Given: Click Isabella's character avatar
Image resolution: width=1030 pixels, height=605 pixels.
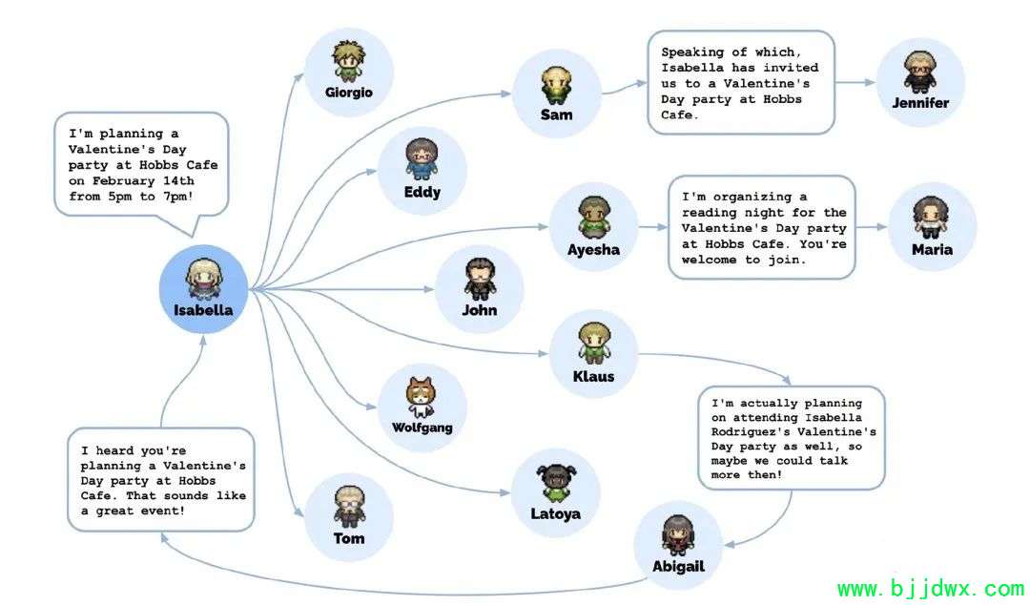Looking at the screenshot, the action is pyautogui.click(x=204, y=279).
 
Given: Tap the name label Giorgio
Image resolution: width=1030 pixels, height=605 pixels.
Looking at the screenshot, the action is pyautogui.click(x=349, y=93).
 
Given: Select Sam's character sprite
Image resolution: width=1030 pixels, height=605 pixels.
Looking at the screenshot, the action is pyautogui.click(x=556, y=85).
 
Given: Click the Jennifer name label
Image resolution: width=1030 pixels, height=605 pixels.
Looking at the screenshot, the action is pyautogui.click(x=920, y=103).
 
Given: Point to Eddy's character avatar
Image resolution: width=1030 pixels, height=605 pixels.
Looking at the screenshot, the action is pyautogui.click(x=422, y=159).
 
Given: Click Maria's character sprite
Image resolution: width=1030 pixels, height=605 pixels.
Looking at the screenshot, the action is pyautogui.click(x=931, y=217).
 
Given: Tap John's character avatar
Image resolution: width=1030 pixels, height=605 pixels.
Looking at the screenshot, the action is pyautogui.click(x=480, y=279).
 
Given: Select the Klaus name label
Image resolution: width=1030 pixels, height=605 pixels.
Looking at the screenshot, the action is pyautogui.click(x=594, y=377).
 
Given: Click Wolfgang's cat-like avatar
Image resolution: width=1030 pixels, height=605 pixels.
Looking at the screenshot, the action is pyautogui.click(x=422, y=397).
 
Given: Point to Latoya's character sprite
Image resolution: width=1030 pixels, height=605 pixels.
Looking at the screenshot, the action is pyautogui.click(x=556, y=484).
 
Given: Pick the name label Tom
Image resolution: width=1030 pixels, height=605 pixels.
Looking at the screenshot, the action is pyautogui.click(x=349, y=538).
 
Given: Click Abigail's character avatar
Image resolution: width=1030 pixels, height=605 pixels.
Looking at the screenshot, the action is pyautogui.click(x=678, y=534).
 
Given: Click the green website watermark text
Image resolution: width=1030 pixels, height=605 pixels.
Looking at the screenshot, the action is pyautogui.click(x=931, y=589).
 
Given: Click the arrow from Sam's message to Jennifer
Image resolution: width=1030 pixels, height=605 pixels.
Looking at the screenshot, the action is pyautogui.click(x=855, y=82).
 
